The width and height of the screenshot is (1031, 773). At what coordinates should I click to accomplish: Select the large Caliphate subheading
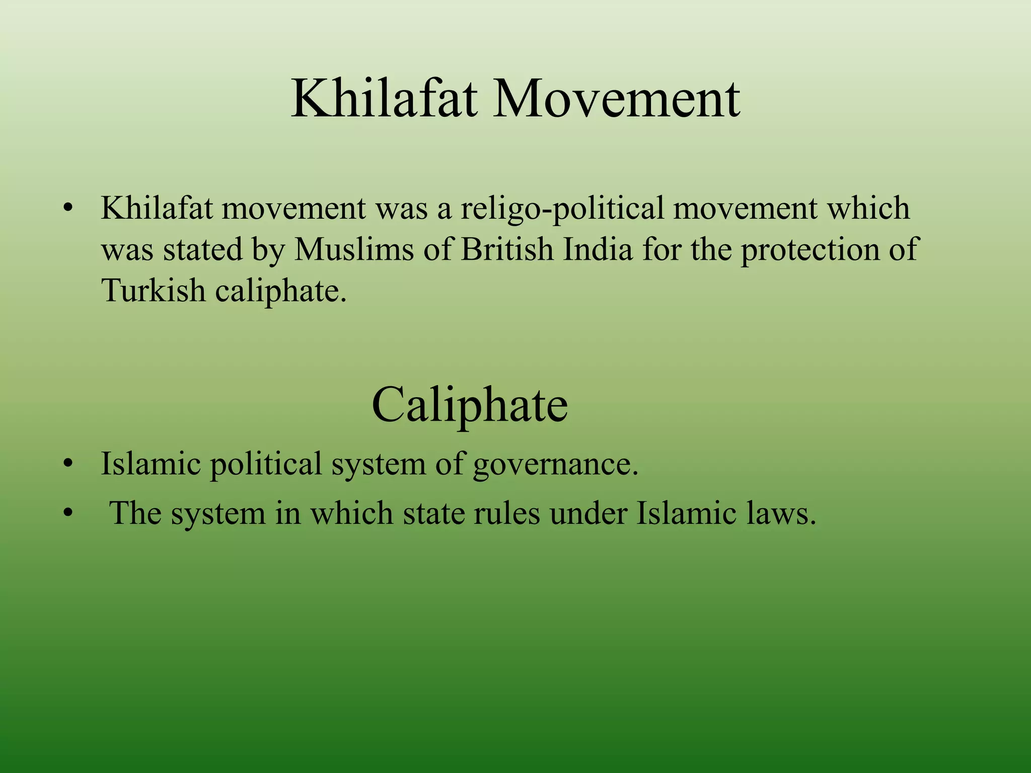click(x=470, y=405)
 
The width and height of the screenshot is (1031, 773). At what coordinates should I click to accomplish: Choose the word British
click(x=506, y=250)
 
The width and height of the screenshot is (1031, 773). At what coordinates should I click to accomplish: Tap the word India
click(x=598, y=250)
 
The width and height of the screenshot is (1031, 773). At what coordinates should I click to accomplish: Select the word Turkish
click(x=153, y=291)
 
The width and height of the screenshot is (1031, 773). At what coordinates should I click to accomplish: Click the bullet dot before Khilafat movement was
click(x=68, y=208)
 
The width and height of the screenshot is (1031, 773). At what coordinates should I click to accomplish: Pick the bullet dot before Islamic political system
click(x=68, y=463)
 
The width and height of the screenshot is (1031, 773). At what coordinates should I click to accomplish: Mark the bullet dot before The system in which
click(x=68, y=514)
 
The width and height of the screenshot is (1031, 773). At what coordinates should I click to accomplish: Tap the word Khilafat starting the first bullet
click(x=157, y=208)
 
